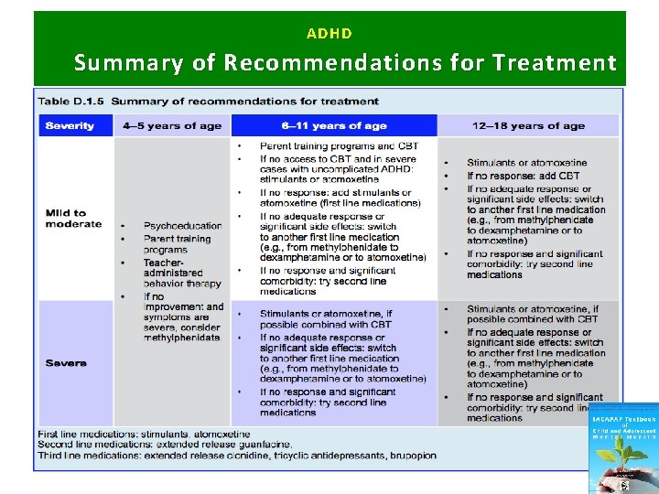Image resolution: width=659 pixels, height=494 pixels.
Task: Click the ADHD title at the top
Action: click(x=329, y=34)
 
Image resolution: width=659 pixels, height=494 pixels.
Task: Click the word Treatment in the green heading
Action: click(x=554, y=63)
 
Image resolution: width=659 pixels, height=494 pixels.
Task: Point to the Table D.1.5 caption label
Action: click(x=73, y=101)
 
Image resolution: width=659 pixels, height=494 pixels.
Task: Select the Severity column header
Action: click(x=70, y=125)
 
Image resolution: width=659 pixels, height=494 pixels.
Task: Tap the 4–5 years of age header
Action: click(x=172, y=125)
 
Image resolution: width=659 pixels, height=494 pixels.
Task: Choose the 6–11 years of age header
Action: click(x=334, y=125)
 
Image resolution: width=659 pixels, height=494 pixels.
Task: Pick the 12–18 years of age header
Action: click(x=528, y=125)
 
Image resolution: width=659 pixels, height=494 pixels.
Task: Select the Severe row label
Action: click(x=66, y=363)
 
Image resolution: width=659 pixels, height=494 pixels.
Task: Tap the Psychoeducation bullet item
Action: click(x=182, y=226)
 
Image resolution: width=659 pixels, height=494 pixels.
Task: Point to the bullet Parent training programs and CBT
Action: click(x=339, y=145)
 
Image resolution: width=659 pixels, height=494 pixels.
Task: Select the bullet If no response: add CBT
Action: click(x=523, y=176)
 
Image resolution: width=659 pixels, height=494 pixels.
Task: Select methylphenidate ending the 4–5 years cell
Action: click(x=182, y=338)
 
